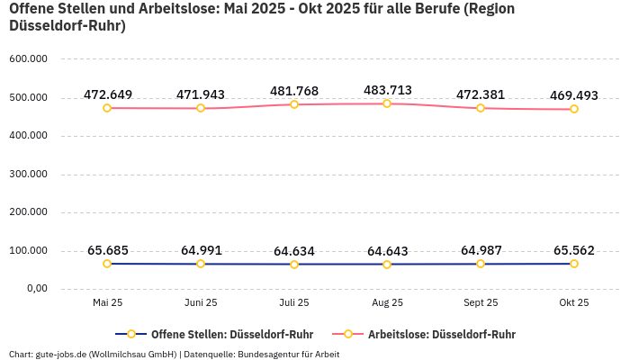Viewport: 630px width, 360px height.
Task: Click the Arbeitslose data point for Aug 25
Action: coord(387,103)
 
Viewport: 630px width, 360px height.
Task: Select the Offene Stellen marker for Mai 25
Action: coord(107,264)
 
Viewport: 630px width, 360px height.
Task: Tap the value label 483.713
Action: coord(387,90)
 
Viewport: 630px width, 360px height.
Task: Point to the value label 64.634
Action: coord(294,251)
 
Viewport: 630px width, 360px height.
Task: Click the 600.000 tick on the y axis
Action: coord(28,59)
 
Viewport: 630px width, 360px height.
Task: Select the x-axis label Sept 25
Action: coord(481,303)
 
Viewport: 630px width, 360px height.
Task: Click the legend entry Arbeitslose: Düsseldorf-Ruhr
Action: coord(441,334)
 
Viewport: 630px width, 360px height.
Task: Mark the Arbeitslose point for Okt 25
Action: coord(574,109)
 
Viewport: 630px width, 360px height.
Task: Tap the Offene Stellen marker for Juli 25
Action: coord(294,265)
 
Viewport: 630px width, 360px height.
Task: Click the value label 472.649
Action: coord(108,94)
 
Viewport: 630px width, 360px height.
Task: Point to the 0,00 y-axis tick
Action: coord(35,289)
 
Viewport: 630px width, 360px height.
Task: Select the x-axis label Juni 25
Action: coord(201,303)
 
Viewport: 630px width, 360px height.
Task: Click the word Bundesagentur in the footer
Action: coord(267,354)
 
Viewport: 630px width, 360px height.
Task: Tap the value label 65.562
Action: coord(574,250)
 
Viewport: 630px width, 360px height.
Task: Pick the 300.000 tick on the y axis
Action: coord(28,175)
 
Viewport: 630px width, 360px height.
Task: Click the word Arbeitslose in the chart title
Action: coord(166,9)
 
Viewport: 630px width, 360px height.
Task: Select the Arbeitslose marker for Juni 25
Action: coord(201,108)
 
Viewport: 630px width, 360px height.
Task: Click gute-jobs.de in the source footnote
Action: coord(61,354)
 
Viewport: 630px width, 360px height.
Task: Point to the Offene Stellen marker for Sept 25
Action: coord(481,264)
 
